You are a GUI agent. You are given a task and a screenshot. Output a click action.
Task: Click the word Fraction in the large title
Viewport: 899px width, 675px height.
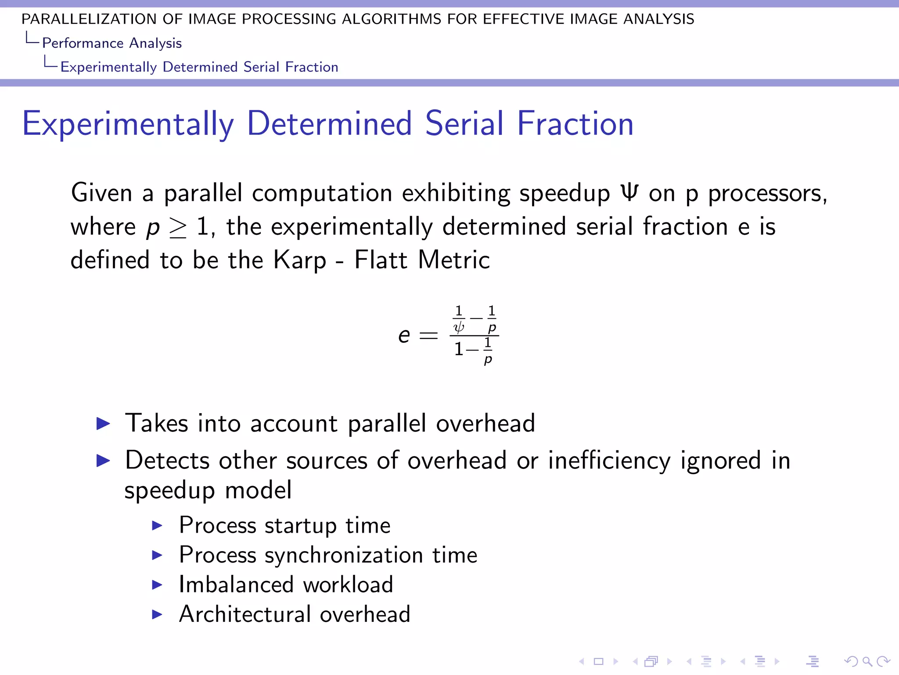pos(575,124)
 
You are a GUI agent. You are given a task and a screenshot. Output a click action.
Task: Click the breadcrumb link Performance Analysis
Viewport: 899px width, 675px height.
pos(111,43)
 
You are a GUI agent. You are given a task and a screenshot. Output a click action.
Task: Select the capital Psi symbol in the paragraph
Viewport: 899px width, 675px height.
pos(629,192)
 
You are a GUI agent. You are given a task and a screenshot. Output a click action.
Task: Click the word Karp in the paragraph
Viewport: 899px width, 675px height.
pos(300,260)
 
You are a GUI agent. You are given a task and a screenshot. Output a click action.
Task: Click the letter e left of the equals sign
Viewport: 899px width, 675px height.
pos(404,336)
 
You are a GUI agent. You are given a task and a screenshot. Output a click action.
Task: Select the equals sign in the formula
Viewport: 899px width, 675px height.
pos(428,336)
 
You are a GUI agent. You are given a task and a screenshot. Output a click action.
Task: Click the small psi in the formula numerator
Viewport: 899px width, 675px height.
pos(459,327)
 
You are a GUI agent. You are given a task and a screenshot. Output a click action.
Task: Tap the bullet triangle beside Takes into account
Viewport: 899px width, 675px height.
pos(103,424)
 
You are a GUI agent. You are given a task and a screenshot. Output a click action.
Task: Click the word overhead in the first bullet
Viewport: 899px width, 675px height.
pos(485,423)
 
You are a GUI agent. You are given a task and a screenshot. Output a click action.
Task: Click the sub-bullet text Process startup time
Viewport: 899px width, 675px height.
pos(284,525)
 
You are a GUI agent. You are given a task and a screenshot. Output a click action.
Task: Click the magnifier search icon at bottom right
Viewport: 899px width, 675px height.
pos(867,661)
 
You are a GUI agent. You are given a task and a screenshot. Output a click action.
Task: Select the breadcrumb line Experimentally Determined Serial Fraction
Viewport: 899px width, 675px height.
pos(199,67)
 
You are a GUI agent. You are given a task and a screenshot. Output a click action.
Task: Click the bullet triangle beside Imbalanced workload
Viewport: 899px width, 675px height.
pos(157,585)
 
